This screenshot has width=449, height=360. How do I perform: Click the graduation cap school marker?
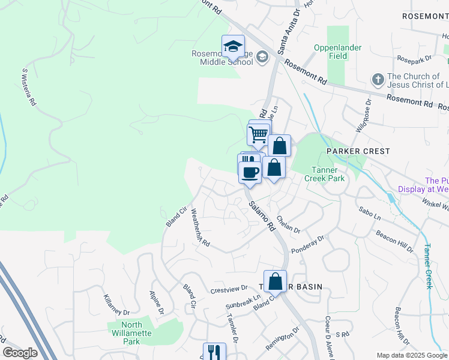(233, 46)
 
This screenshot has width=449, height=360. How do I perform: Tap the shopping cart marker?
(259, 134)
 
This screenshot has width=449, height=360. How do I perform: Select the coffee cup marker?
(250, 172)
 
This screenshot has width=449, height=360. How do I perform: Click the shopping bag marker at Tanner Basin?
(275, 281)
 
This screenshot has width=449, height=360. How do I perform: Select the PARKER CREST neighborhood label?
(358, 151)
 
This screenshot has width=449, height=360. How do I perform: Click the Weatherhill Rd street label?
(199, 228)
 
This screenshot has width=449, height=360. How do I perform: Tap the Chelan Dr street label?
(288, 226)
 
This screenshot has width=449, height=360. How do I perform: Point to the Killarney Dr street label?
(116, 305)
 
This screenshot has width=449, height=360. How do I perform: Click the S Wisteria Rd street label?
(28, 88)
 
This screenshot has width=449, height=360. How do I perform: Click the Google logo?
(20, 353)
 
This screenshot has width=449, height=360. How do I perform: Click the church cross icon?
(378, 79)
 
